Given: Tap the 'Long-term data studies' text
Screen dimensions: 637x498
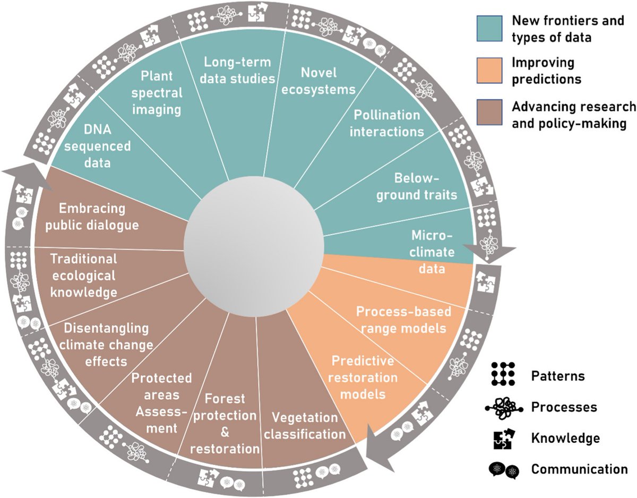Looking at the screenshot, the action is (x=237, y=70).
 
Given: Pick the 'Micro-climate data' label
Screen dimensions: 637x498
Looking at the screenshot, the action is (x=432, y=252).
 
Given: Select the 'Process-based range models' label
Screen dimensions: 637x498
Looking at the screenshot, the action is (x=401, y=319).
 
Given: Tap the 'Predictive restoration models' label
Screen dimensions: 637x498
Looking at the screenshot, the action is (x=363, y=377).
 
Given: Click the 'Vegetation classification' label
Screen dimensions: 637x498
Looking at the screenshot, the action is (x=305, y=425).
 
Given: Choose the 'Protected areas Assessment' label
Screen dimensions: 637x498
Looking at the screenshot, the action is (x=161, y=403).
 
